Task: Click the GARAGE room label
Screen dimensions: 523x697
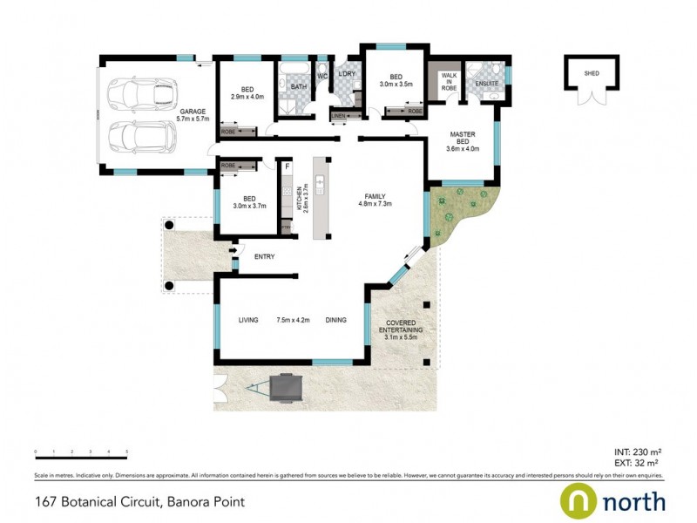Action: pos(193,112)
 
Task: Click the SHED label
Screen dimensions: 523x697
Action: pos(592,74)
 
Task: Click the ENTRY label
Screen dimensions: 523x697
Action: pos(264,256)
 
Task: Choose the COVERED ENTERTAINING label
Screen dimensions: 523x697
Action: pos(401,330)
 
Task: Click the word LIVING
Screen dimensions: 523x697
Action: pos(248,320)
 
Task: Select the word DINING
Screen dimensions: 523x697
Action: pos(335,320)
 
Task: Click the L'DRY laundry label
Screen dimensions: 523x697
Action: pos(347,74)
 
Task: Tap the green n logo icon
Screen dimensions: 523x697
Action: pos(577,500)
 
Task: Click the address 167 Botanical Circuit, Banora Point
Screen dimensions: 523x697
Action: pos(139,501)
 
